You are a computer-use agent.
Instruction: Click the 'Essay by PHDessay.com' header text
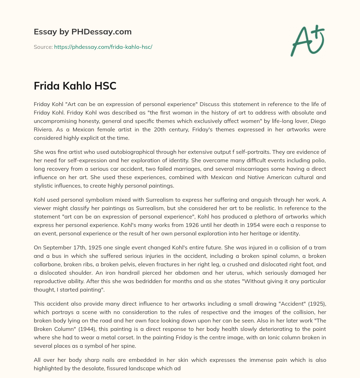(x=83, y=32)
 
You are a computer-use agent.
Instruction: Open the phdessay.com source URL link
(x=103, y=47)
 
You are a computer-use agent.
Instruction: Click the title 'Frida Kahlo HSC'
(x=75, y=86)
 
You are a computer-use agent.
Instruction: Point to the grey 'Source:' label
(x=43, y=47)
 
